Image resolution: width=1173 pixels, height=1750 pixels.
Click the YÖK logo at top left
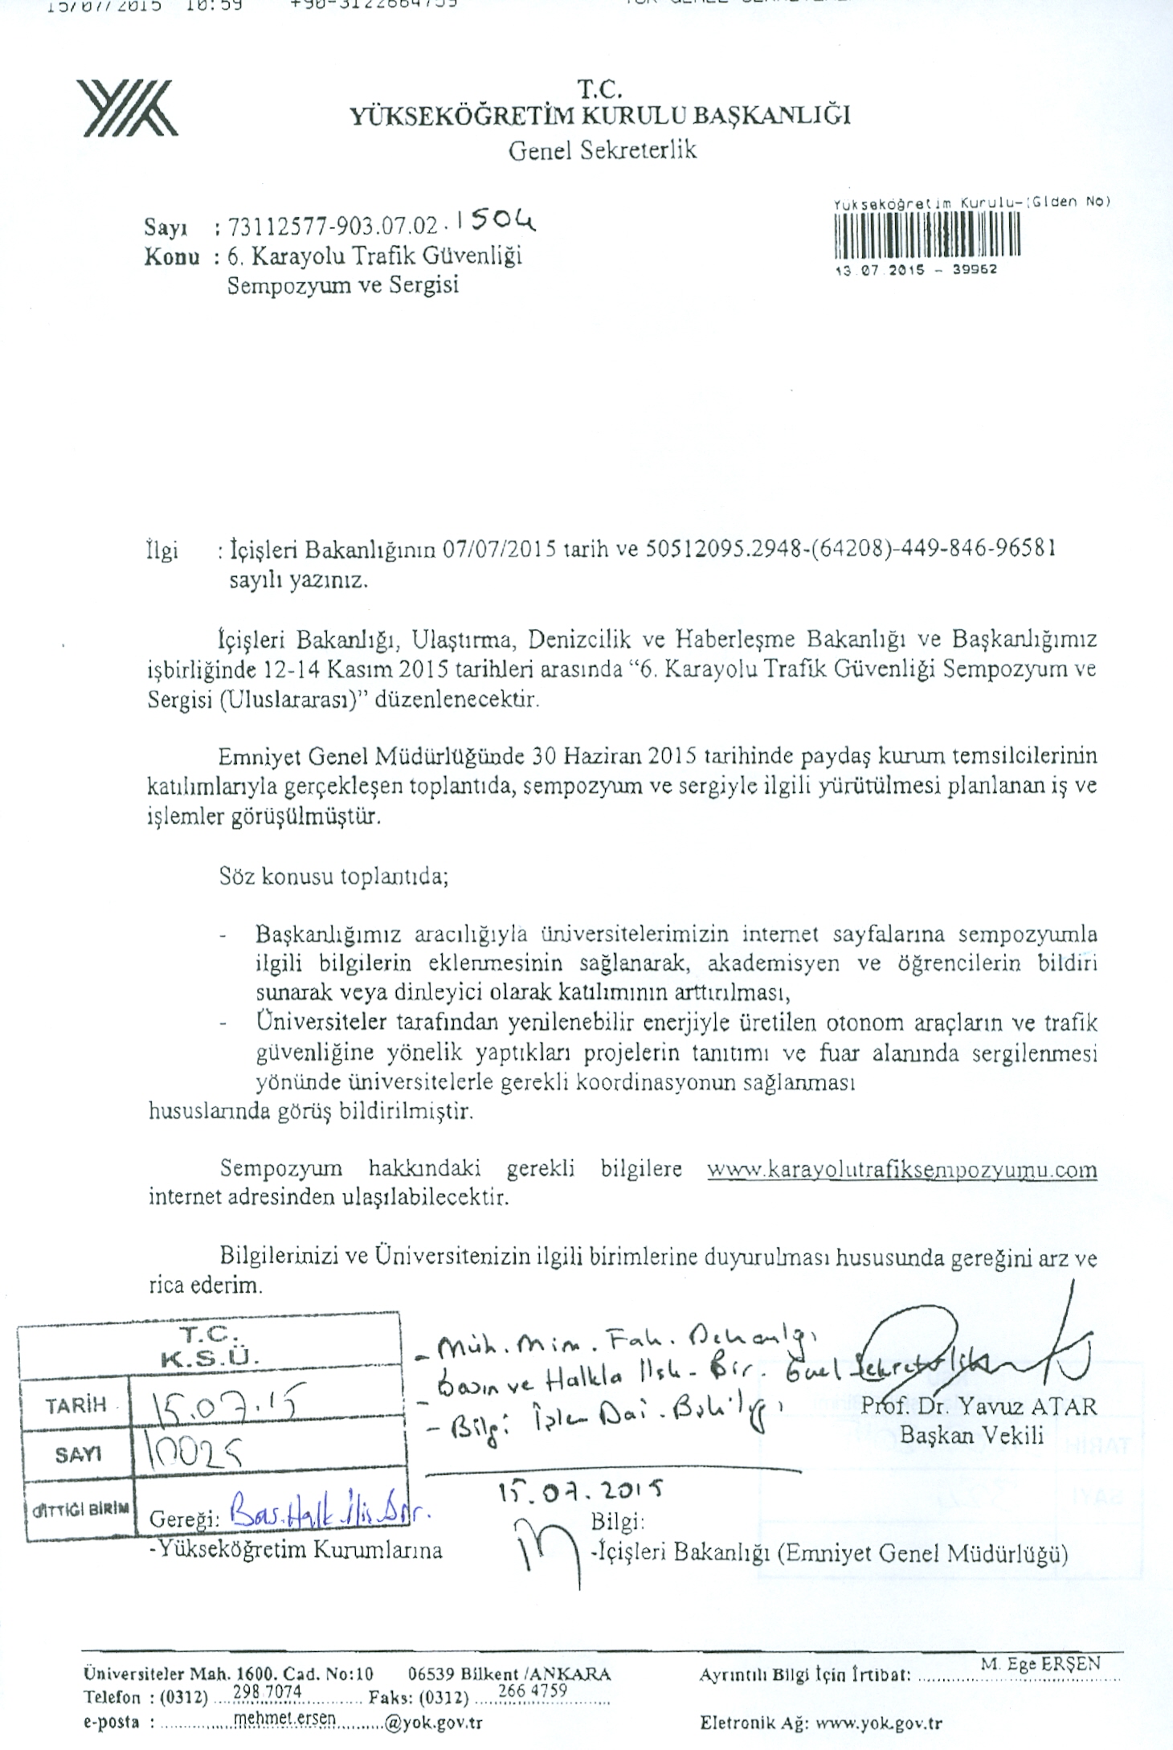tap(128, 107)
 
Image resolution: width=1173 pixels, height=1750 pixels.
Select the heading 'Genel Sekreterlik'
tap(602, 150)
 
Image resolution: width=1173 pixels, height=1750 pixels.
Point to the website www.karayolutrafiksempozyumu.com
tap(901, 1169)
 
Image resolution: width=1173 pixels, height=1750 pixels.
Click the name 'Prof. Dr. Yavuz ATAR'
tap(978, 1406)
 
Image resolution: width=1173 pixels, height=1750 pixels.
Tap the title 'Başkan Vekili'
tap(971, 1434)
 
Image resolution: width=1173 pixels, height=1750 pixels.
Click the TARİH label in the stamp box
tap(76, 1405)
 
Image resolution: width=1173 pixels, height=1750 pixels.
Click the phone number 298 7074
tap(266, 1691)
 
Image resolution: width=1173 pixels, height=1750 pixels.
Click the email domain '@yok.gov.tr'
tap(434, 1723)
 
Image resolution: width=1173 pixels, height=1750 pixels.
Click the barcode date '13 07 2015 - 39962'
tap(916, 270)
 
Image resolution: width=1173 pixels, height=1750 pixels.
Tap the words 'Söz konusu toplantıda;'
tap(333, 876)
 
